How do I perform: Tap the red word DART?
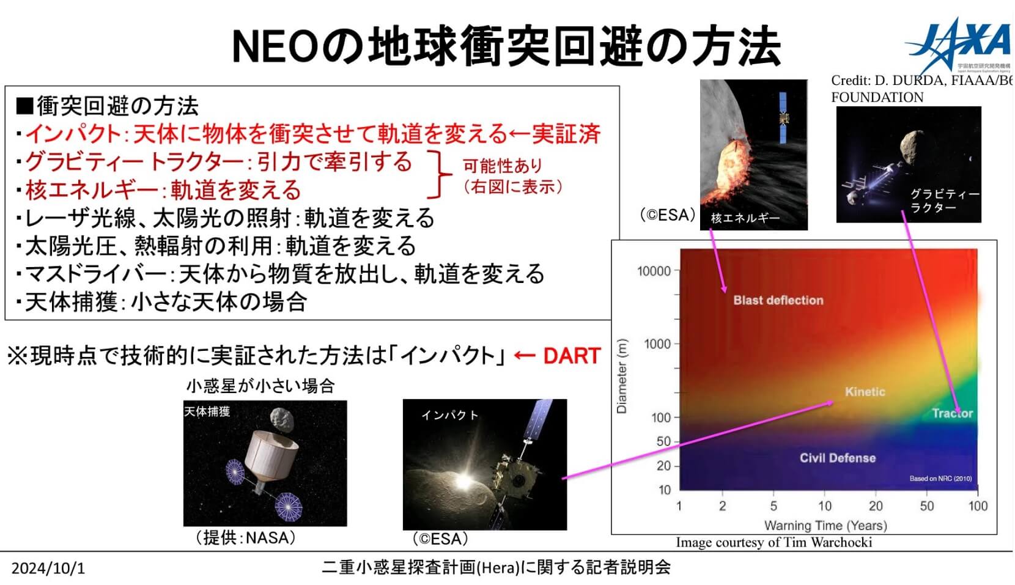tap(572, 356)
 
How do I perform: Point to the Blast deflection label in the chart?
tap(778, 300)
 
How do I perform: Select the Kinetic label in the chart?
tap(865, 391)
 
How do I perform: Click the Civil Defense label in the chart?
tap(838, 458)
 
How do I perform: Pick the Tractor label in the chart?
tap(953, 413)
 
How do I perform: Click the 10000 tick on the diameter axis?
tap(654, 271)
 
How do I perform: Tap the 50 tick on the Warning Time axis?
tap(926, 506)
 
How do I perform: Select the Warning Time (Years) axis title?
tap(825, 526)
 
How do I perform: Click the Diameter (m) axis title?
tap(622, 376)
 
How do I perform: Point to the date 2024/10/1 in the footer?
tap(48, 568)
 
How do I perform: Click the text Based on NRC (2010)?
tap(940, 479)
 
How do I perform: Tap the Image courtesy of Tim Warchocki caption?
tap(774, 542)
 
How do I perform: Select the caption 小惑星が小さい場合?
tap(260, 386)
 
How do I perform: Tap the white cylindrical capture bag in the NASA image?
tap(270, 455)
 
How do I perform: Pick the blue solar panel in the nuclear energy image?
tap(783, 118)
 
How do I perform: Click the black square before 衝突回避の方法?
tap(24, 106)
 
